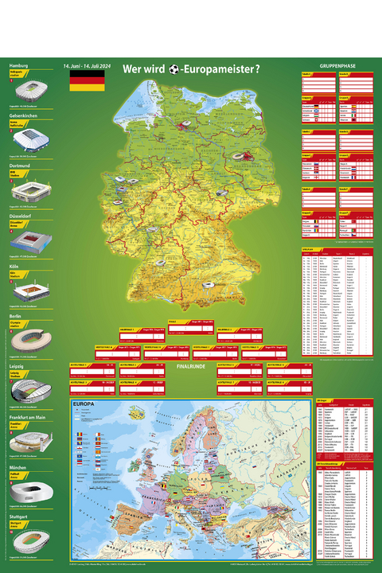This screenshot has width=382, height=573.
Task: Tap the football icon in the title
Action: tap(173, 69)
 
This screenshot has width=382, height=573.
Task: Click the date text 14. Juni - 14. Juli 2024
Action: tap(87, 66)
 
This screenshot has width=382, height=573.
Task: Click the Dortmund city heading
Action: tap(21, 165)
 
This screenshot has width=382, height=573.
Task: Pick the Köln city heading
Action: tap(15, 264)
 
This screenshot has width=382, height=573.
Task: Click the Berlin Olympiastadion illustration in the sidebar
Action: tap(29, 339)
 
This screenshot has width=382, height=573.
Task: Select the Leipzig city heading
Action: tap(19, 364)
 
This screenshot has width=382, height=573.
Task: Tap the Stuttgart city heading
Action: tap(21, 513)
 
